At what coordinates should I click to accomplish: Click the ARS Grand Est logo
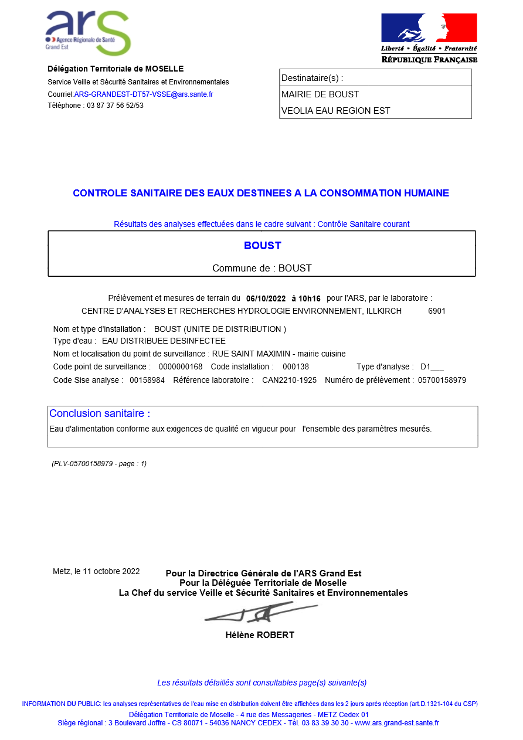coord(88,33)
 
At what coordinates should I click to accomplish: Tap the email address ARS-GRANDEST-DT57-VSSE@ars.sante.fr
coord(144,94)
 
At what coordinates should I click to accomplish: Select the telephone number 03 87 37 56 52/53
coord(115,106)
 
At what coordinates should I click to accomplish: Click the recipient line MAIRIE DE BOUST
coord(320,94)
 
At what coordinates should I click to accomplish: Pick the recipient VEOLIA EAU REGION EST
coord(336,111)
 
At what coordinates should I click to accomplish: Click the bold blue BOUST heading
coord(263,246)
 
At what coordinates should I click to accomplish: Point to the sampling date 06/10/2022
coord(266,298)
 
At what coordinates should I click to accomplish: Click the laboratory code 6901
coord(437,311)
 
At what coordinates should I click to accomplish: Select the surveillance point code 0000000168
coord(181,367)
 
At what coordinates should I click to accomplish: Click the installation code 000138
coord(296,367)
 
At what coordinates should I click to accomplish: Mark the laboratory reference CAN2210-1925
coord(289,381)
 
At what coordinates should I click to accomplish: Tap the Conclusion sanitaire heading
coord(100,413)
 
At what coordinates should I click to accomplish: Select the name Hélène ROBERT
coord(260,635)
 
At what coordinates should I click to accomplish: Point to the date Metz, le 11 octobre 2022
coord(96,571)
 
